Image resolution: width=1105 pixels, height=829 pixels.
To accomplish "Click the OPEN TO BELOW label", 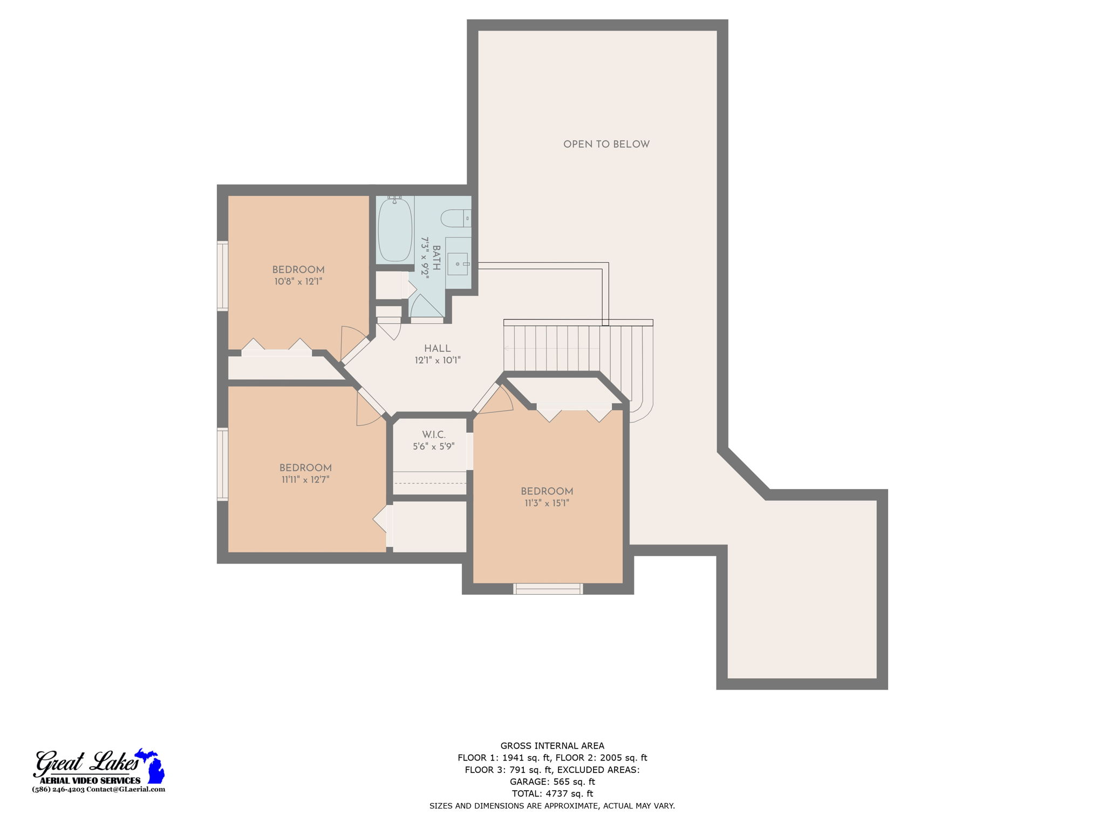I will click(606, 144).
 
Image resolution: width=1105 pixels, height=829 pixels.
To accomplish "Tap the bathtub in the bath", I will click(395, 229).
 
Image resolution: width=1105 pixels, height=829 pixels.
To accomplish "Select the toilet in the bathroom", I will click(455, 219).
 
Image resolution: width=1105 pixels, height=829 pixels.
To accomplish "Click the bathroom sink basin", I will click(458, 264).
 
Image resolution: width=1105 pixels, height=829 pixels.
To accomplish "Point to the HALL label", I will click(437, 349).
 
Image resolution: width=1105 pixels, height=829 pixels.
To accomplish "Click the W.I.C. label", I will click(434, 434).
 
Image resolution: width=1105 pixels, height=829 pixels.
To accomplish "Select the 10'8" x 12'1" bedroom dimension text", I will click(298, 282).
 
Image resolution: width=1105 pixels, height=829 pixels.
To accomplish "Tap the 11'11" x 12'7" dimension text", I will click(305, 480).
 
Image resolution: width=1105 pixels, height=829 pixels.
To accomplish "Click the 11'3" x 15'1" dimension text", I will click(547, 504).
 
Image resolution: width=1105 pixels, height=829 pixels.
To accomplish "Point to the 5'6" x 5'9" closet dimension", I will click(434, 447).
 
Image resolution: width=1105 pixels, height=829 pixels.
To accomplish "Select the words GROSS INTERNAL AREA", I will click(552, 746).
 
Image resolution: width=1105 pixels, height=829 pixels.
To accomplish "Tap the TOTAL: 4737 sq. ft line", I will click(552, 793).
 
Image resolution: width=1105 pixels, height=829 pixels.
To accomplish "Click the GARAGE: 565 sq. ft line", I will click(552, 782).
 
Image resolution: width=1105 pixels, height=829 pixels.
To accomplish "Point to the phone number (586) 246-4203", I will click(58, 789).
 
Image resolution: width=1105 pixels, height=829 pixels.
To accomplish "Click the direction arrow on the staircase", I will click(507, 349).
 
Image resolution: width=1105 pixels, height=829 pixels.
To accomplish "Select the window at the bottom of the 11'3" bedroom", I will click(548, 589).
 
